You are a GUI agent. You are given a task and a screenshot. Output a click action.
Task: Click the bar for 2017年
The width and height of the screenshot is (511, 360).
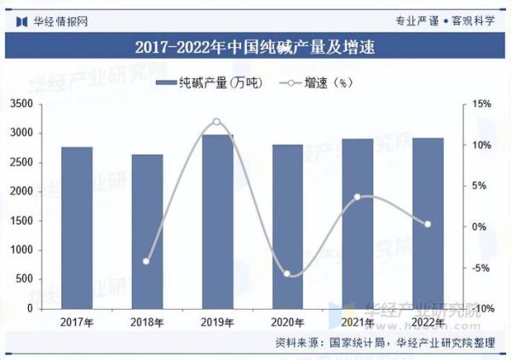[78, 227]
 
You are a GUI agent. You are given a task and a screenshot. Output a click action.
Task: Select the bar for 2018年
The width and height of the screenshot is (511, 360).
[146, 231]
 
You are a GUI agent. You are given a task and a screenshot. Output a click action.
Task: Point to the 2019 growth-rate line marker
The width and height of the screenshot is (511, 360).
[216, 123]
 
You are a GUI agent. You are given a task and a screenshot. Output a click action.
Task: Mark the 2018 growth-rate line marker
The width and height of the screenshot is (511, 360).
[146, 261]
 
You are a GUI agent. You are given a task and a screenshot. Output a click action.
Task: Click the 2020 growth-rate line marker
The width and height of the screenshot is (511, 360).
[287, 274]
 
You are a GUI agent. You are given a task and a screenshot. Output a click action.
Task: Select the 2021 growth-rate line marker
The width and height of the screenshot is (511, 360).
[357, 197]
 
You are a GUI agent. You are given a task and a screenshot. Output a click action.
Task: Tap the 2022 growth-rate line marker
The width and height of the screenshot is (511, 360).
[427, 224]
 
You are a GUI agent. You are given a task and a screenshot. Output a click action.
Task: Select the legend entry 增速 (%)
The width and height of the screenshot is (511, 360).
[324, 83]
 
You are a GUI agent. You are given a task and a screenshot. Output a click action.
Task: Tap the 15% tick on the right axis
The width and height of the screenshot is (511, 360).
[482, 104]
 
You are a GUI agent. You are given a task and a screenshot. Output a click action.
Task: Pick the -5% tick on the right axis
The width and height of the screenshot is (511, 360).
[481, 267]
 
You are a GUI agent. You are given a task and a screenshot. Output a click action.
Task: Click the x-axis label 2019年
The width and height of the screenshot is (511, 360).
[216, 323]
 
